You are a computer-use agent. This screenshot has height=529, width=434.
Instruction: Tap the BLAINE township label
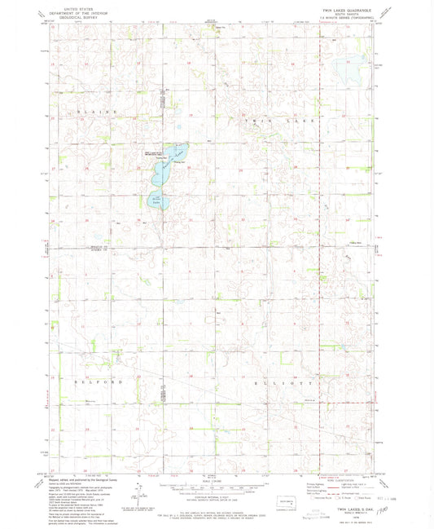tap(91, 111)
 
